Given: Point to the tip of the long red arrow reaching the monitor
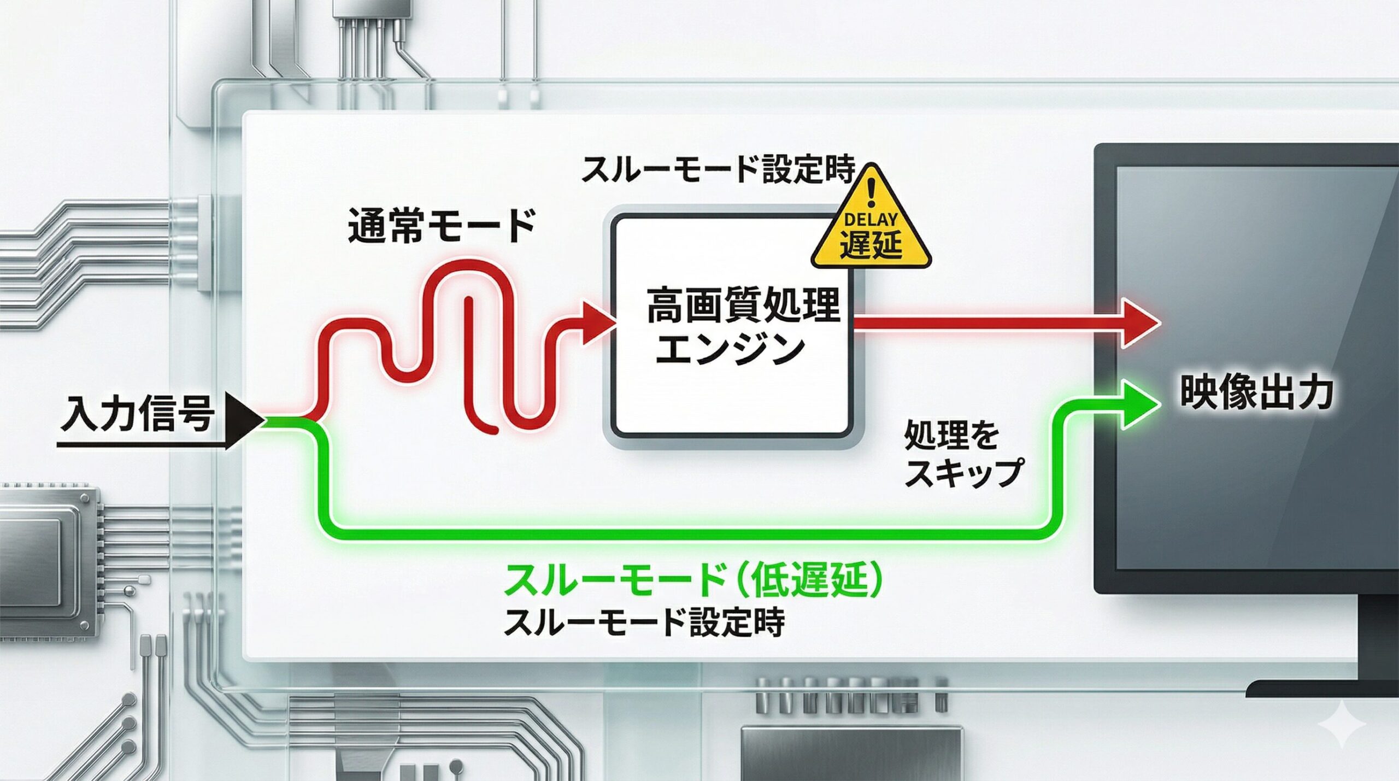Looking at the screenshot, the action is click(1159, 324).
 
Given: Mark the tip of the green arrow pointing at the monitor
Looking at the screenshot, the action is click(1160, 405).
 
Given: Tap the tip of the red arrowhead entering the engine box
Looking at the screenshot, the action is click(615, 324).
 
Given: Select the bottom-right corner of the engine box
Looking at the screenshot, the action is click(851, 437).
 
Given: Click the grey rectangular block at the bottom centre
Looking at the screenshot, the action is click(851, 754).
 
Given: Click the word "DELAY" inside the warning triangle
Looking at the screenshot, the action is click(871, 220).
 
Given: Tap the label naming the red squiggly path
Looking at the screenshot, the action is click(442, 225).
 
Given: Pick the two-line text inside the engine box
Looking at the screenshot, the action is click(743, 327).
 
